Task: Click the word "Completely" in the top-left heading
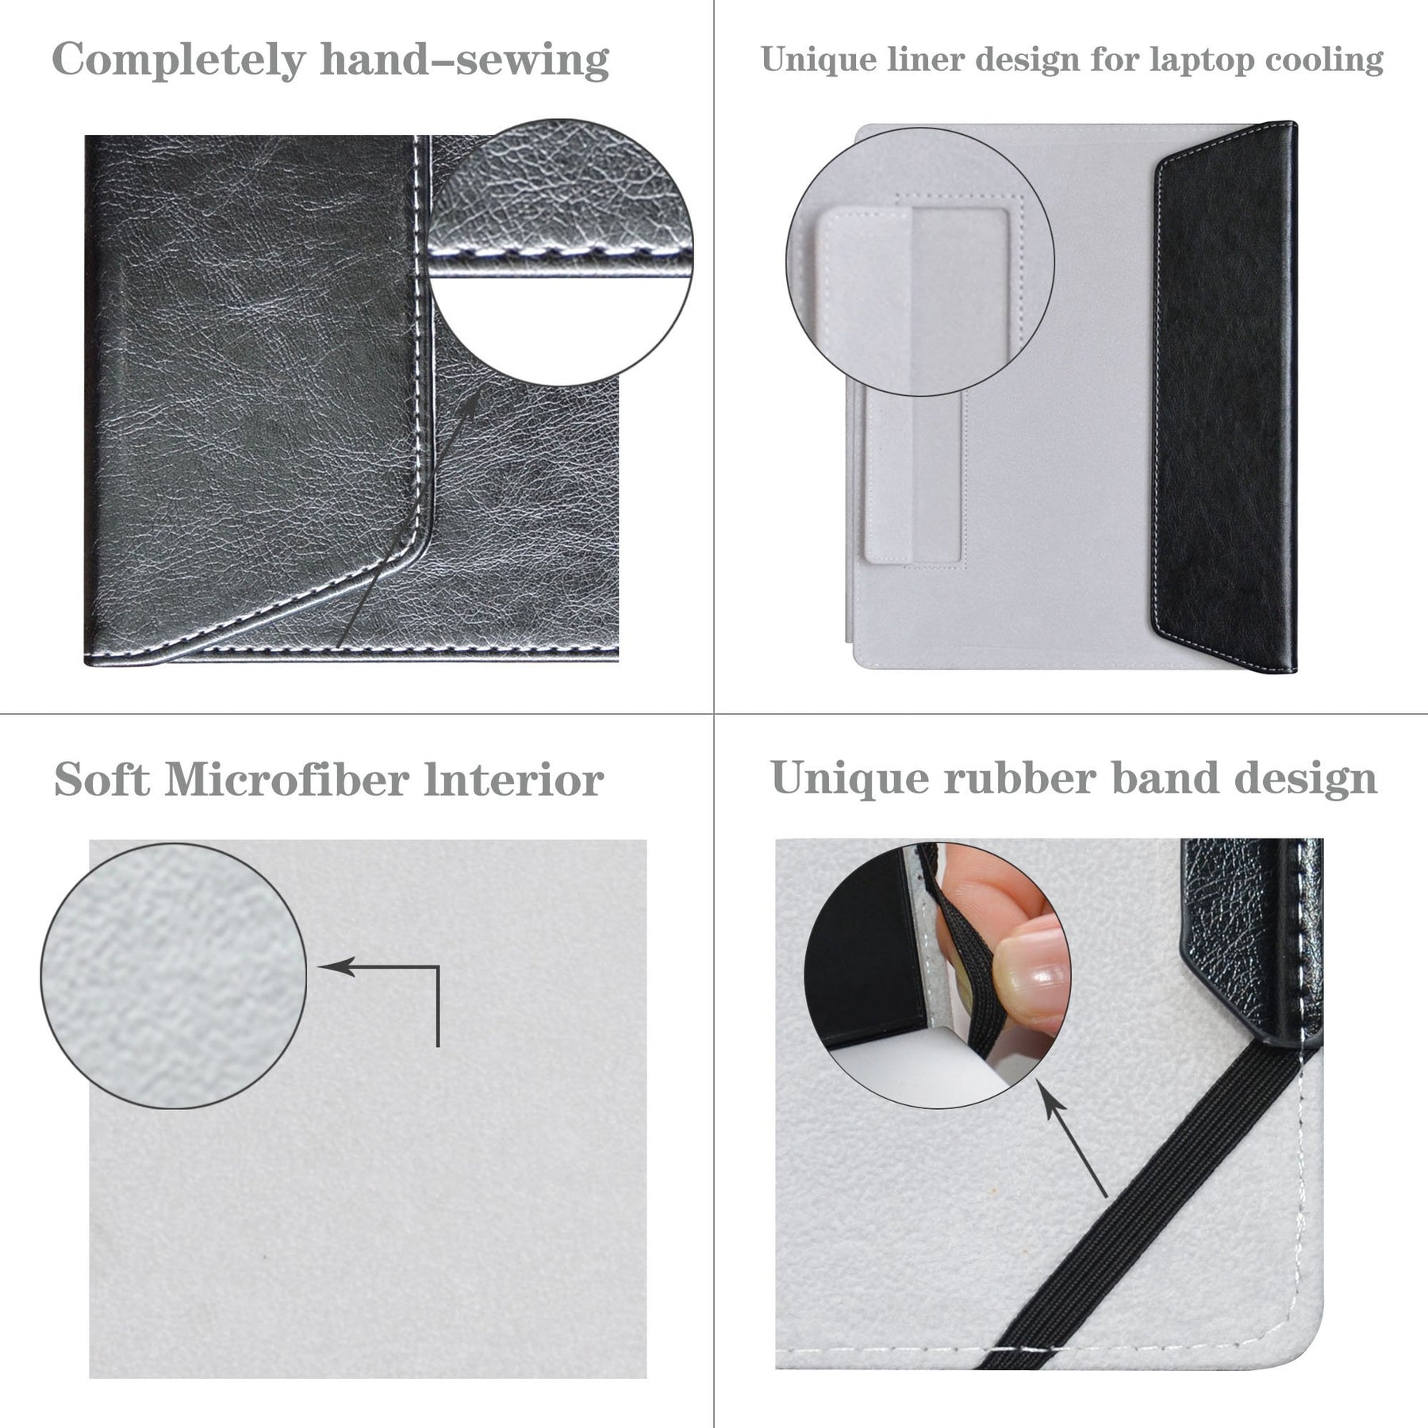(x=178, y=60)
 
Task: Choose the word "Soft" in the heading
(x=102, y=779)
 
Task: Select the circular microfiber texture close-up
(x=173, y=976)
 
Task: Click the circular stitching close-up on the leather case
(x=560, y=252)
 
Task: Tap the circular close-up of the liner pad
(x=920, y=262)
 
